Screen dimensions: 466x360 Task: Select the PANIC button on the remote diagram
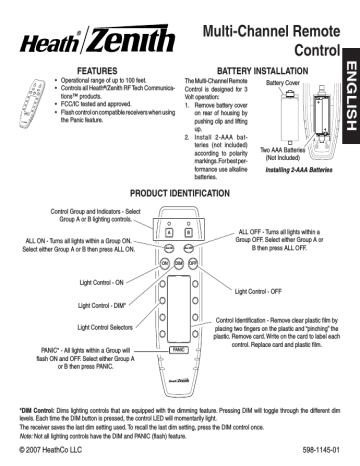coord(180,351)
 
